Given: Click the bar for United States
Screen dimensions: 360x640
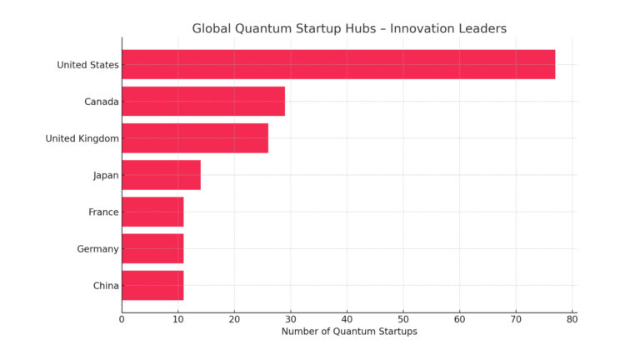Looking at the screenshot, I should (337, 65).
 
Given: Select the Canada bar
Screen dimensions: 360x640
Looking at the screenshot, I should (203, 102).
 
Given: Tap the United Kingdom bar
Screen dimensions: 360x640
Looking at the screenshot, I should (195, 138).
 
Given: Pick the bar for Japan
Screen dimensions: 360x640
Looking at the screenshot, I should (161, 175).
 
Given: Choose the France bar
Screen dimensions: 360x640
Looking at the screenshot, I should (152, 212).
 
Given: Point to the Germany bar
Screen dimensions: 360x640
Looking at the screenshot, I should (152, 248).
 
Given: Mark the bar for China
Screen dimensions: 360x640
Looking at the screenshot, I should (152, 285).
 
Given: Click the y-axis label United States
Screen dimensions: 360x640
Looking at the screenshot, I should (87, 65).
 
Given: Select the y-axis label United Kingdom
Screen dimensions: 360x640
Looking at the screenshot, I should (82, 138).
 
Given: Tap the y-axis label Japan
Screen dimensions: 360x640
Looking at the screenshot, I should (106, 175).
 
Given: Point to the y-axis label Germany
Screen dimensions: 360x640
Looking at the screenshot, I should (99, 248).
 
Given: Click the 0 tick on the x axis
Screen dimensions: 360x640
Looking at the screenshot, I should (122, 319).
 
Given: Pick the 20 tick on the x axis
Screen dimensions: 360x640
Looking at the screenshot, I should (234, 319).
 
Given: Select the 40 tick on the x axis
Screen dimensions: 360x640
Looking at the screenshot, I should (347, 319).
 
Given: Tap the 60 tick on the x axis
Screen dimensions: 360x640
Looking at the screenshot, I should (459, 319).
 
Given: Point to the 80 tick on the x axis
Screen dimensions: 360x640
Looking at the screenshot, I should (572, 319).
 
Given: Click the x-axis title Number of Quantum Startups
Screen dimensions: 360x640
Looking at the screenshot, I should (349, 332).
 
